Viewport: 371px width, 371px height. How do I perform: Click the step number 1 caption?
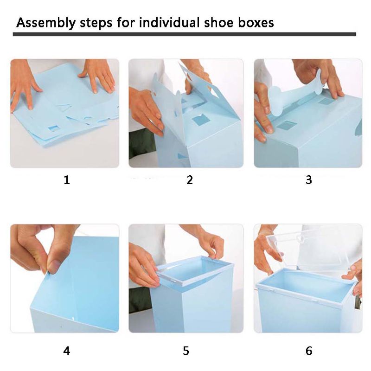[67, 180]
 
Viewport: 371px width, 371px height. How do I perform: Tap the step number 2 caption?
[189, 180]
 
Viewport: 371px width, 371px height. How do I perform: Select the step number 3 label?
[309, 180]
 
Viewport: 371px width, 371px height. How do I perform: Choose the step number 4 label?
[67, 351]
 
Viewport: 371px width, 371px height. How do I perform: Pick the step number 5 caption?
[186, 351]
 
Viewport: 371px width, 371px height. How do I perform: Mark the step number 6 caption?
[309, 351]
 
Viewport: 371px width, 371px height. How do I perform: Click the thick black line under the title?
[185, 34]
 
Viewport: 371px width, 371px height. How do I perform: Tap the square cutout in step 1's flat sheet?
[54, 127]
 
